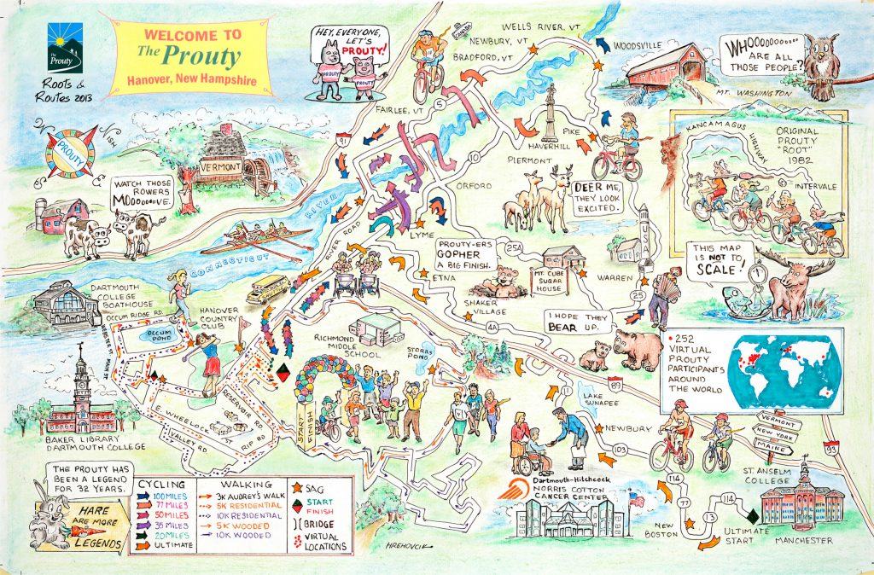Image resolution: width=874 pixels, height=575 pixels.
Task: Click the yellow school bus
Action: (x=267, y=288)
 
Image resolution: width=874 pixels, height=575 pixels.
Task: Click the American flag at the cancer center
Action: (x=635, y=498)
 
